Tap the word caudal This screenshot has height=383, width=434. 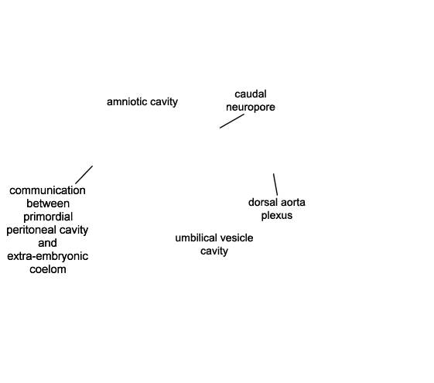pos(251,94)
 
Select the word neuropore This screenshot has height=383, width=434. pos(251,108)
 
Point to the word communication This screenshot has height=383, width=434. pos(47,190)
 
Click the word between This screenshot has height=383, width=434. pos(48,203)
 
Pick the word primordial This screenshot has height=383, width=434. pos(48,217)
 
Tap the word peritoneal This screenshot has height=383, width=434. pos(31,230)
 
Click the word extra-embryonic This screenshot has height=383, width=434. pos(48,256)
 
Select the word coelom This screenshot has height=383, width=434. pos(48,269)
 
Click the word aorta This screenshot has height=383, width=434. pos(293,202)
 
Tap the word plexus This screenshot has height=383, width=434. pos(277,216)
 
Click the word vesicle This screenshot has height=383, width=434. pos(237,238)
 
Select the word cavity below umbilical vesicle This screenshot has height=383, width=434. pos(214,251)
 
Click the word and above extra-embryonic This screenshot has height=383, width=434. pos(47,243)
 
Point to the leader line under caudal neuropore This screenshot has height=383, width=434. pos(232,121)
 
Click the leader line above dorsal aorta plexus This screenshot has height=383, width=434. pos(275,185)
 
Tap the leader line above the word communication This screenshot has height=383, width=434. pos(84,175)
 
